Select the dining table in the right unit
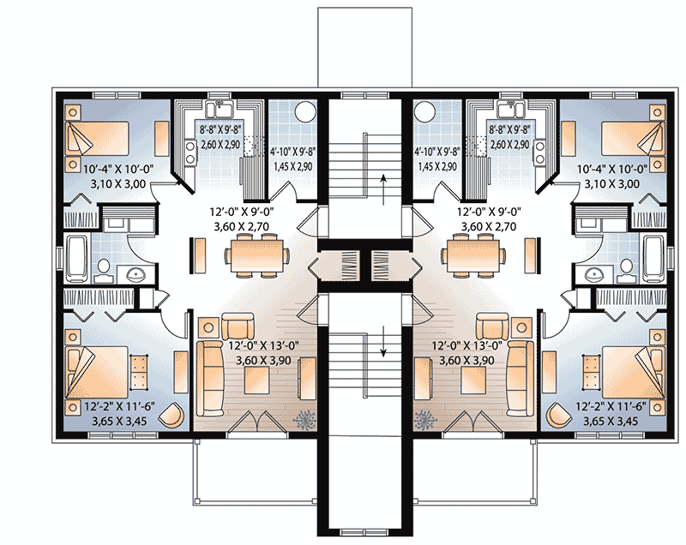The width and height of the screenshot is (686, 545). point(472,253)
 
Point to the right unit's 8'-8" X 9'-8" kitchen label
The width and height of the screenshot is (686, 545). point(508,134)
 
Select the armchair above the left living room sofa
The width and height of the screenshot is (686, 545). point(237,326)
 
